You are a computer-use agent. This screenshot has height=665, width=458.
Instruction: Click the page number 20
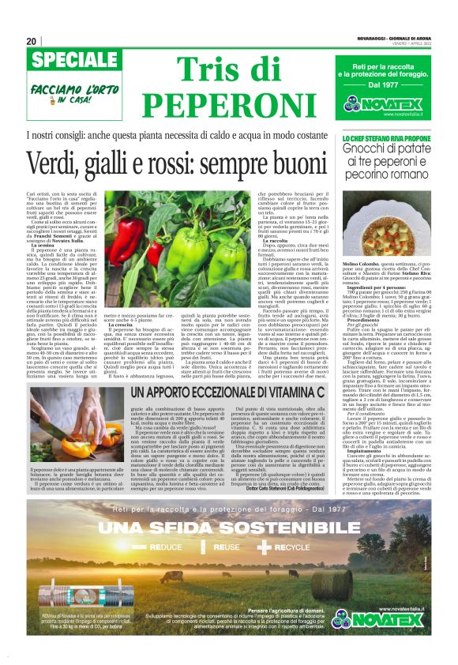point(32,41)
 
